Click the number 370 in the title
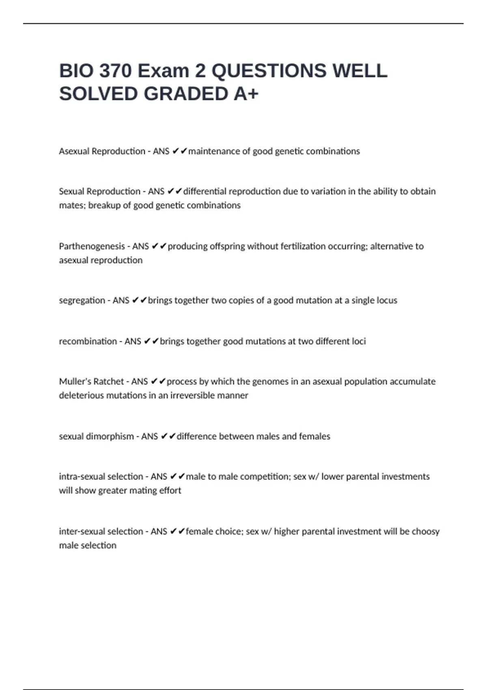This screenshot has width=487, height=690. (116, 71)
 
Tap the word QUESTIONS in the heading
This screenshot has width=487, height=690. (269, 71)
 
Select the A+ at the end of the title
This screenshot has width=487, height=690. (246, 94)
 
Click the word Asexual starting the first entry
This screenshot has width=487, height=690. (74, 151)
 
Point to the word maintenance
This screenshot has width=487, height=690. (214, 151)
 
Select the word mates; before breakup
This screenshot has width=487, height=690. (72, 205)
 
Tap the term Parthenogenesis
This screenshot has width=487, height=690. (92, 246)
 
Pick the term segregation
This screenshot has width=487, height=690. (82, 300)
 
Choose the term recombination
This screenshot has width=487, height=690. (88, 341)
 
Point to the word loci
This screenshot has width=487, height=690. (359, 341)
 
